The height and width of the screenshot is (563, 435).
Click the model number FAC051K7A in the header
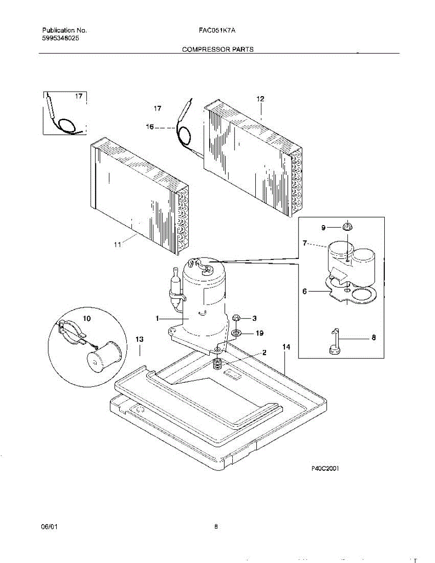click(216, 30)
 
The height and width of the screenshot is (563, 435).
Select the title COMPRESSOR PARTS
click(218, 49)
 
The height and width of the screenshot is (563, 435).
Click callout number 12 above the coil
click(260, 99)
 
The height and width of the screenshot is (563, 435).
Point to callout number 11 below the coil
click(117, 244)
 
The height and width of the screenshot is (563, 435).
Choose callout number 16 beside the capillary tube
click(149, 127)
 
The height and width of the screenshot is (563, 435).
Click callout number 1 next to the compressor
click(158, 319)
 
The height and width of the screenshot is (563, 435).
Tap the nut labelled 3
click(237, 318)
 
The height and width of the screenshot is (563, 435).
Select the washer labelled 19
click(237, 333)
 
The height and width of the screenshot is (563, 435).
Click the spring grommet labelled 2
click(217, 363)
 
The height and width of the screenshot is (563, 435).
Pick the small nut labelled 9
click(348, 227)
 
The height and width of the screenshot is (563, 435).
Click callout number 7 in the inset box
click(305, 243)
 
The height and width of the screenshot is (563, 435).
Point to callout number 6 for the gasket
click(305, 291)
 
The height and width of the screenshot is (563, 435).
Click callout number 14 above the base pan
click(286, 347)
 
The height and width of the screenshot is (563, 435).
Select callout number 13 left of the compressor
click(139, 339)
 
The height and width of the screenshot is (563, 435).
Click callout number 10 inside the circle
click(87, 318)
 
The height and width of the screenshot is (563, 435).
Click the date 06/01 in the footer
click(49, 527)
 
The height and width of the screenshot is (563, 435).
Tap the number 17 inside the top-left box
click(79, 96)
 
